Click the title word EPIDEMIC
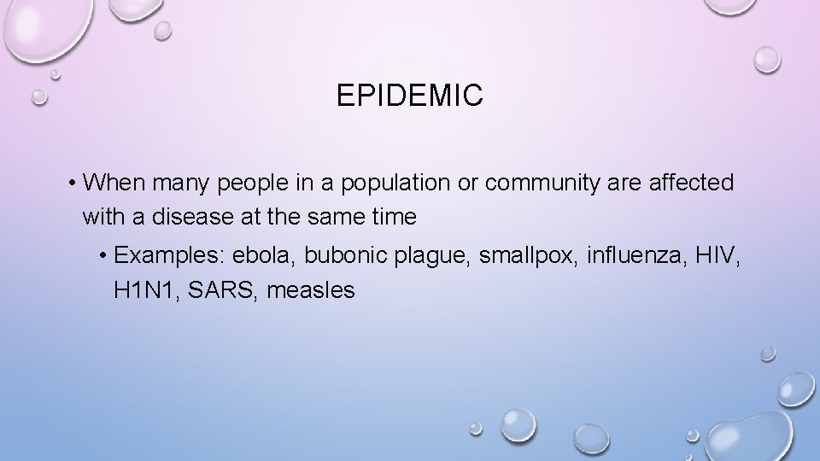410,96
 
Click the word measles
311,291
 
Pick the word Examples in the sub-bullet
164,255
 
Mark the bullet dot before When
75,184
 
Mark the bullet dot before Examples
104,255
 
